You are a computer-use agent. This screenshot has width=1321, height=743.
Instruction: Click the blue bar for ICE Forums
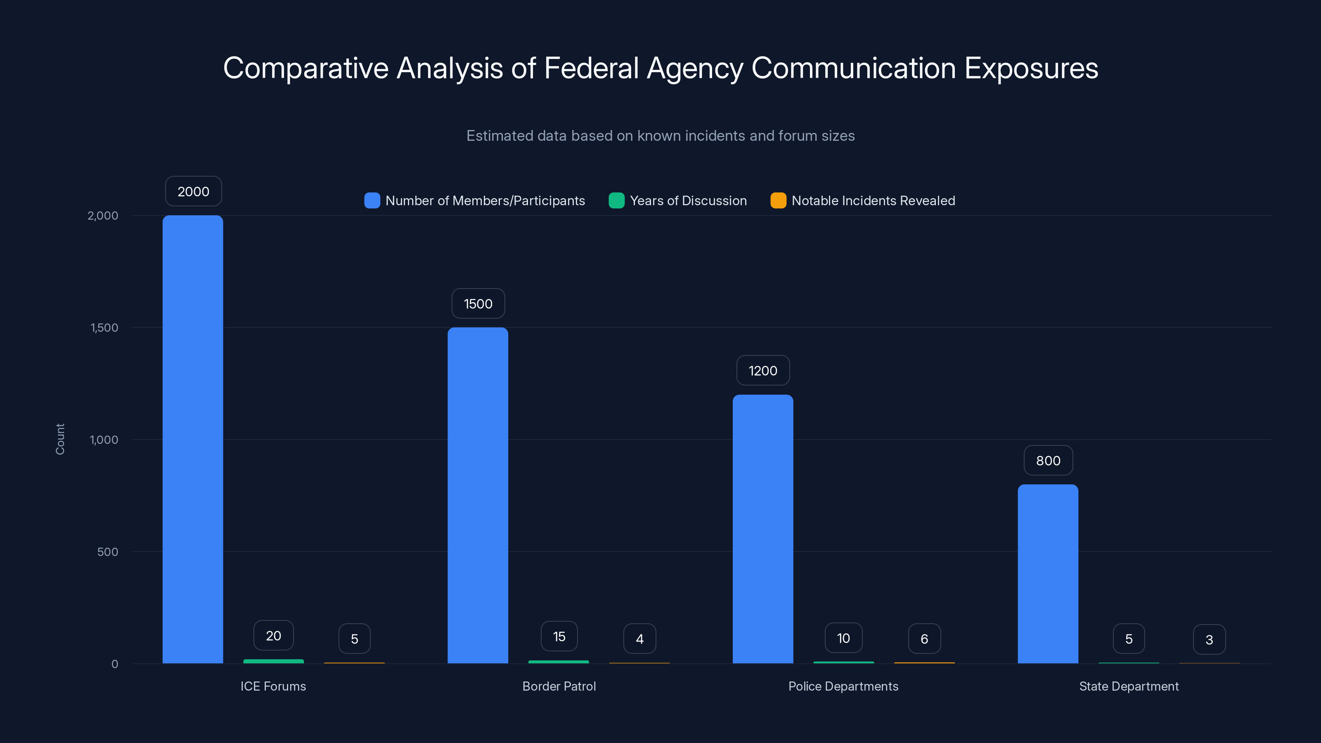point(193,440)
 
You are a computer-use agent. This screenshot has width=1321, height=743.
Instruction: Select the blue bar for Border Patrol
point(478,495)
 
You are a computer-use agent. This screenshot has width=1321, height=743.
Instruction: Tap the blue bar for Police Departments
point(762,529)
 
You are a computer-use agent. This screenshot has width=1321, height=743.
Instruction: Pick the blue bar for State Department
point(1048,574)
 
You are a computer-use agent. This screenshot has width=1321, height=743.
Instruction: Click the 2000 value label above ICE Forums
point(193,191)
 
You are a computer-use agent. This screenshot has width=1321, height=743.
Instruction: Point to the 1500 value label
point(478,303)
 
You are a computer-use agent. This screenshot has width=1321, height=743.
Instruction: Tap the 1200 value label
point(762,370)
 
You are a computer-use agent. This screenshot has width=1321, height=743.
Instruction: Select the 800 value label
point(1048,461)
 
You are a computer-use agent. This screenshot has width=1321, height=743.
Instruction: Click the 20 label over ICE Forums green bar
point(273,636)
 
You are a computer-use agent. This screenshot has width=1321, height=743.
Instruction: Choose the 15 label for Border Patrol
point(559,637)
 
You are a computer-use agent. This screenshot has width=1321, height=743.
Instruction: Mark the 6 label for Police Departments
point(924,639)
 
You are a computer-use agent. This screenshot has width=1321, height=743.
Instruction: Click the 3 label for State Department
point(1209,639)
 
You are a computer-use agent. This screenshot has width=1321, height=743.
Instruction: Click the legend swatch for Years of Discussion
point(616,201)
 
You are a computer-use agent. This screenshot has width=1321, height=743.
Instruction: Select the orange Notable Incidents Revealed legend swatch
point(778,201)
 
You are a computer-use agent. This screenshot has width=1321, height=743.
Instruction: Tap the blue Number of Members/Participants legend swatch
point(372,201)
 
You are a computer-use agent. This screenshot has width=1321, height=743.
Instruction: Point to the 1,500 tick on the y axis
point(104,328)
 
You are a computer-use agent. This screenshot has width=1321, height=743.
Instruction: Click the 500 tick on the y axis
point(107,552)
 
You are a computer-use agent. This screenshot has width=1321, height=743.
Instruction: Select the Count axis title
point(60,439)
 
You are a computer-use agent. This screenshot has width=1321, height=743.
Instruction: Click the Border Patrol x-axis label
point(559,686)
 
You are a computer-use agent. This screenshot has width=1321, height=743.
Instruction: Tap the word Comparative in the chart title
point(305,68)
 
